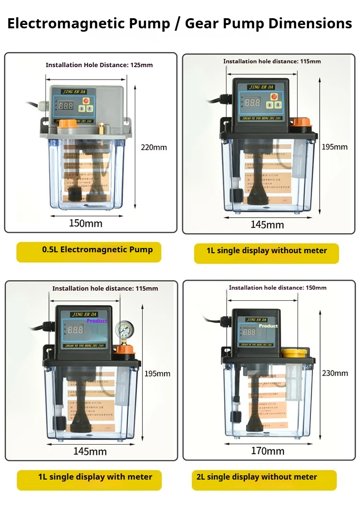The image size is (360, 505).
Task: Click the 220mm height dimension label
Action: (154, 147)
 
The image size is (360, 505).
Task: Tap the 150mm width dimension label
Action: (86, 223)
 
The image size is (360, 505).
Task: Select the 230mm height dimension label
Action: (335, 373)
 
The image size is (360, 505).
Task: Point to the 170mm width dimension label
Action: (267, 451)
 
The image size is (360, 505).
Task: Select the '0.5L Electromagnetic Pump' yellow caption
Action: (89, 250)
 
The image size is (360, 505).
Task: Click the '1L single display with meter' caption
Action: (89, 477)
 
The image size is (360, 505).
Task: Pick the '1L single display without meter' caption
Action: (266, 251)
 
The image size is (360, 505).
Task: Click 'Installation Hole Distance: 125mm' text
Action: (99, 65)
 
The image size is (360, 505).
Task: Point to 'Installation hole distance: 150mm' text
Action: (277, 288)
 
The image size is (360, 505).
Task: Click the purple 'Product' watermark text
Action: (97, 321)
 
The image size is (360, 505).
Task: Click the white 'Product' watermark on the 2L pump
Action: (268, 326)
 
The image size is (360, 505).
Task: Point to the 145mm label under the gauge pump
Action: (90, 451)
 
